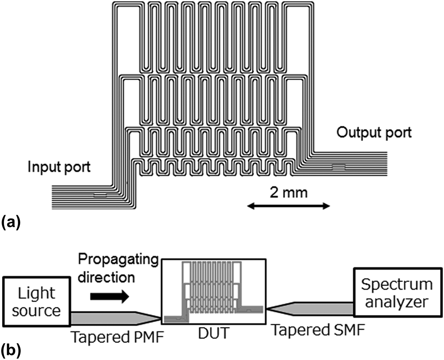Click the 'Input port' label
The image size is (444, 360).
[x=59, y=167]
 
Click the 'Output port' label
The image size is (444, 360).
[x=374, y=132]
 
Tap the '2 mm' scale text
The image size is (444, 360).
[x=289, y=193]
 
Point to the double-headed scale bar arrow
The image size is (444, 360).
[x=289, y=206]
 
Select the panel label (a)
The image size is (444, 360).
[x=11, y=222]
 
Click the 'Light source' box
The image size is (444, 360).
[x=36, y=302]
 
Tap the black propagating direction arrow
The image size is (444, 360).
[x=110, y=297]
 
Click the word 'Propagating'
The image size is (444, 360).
[x=118, y=259]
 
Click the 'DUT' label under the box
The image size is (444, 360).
[x=213, y=333]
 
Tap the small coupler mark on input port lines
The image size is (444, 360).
[x=100, y=195]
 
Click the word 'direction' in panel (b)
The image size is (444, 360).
[x=106, y=277]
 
